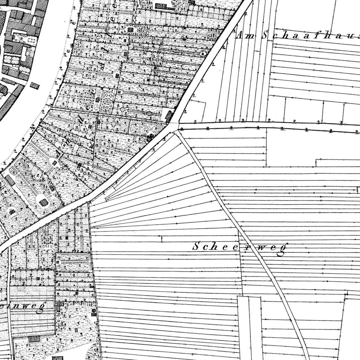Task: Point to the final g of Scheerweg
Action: pyautogui.click(x=280, y=251)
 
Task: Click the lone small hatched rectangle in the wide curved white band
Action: pyautogui.click(x=35, y=85)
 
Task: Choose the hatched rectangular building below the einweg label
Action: pyautogui.click(x=34, y=339)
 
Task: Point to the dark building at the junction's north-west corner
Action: pyautogui.click(x=169, y=116)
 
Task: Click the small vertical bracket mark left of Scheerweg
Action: pyautogui.click(x=162, y=239)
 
